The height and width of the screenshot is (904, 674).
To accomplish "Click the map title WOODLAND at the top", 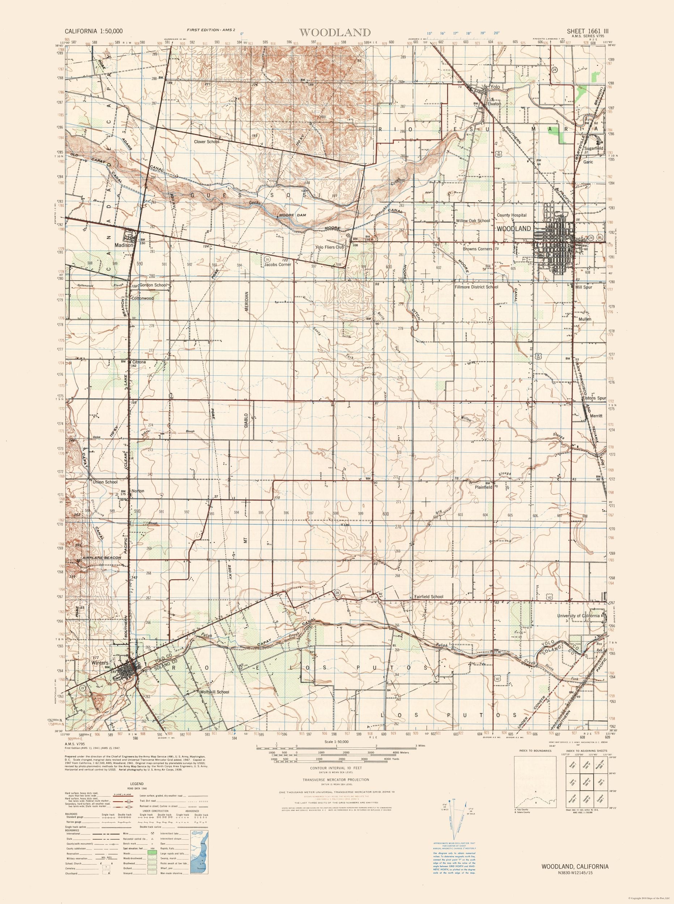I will [x=335, y=32].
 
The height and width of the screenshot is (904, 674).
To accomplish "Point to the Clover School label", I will [x=207, y=142].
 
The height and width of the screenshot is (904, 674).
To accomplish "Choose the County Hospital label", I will [x=512, y=215].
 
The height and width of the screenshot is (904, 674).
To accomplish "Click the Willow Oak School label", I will [x=473, y=221].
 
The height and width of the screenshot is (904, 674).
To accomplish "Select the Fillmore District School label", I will [x=476, y=287].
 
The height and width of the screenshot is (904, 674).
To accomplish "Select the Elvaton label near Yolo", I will [x=493, y=103].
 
